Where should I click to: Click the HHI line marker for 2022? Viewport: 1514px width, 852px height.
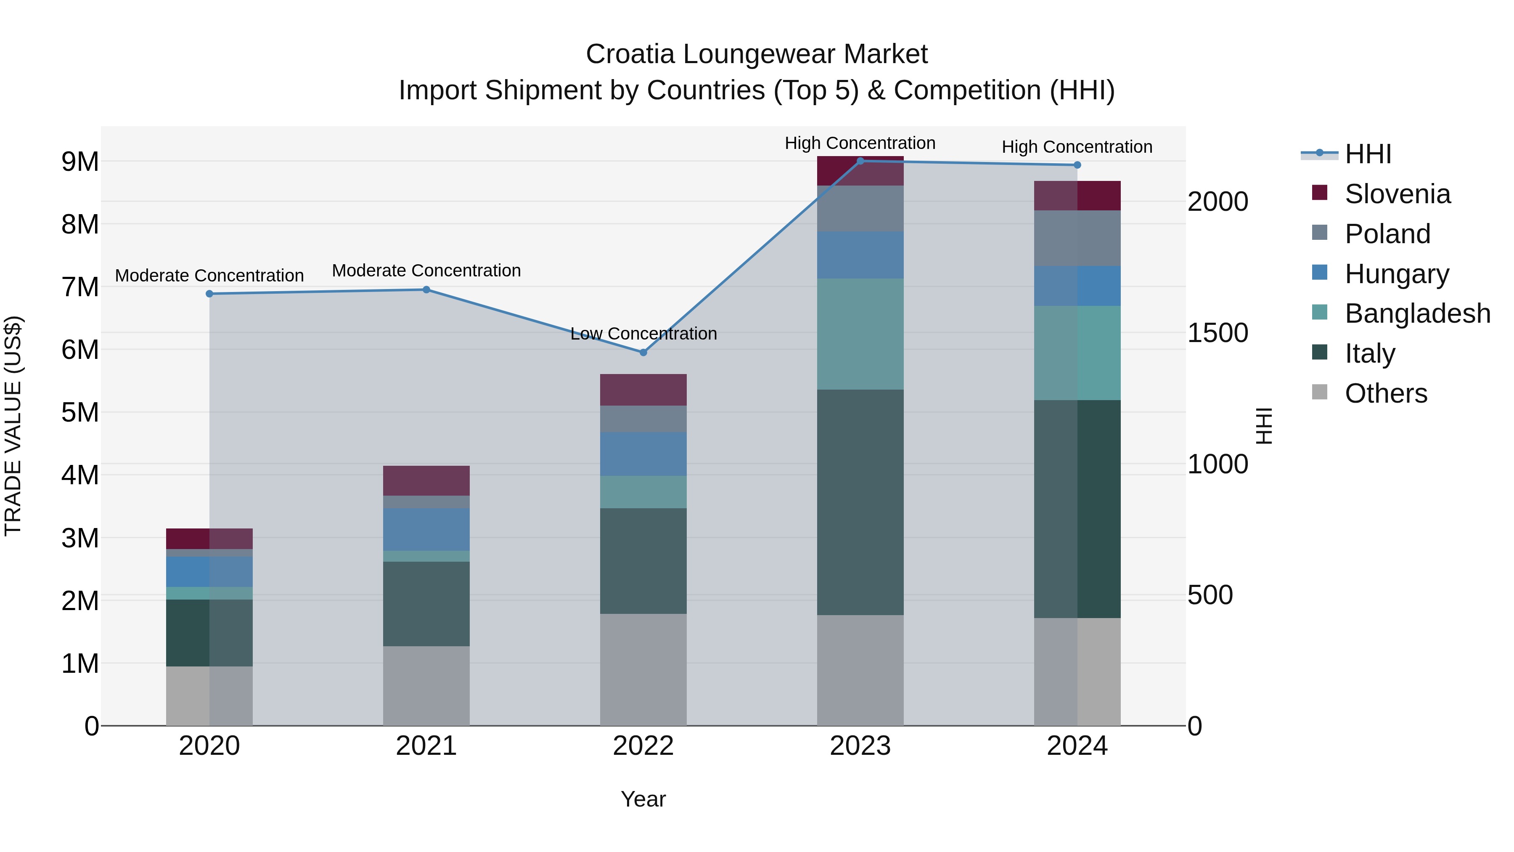[x=643, y=352]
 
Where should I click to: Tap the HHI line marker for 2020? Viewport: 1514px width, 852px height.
[x=209, y=293]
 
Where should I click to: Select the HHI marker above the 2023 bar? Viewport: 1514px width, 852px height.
[x=860, y=161]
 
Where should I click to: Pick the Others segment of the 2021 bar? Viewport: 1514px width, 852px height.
[x=426, y=686]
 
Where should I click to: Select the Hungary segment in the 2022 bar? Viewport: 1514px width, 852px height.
[x=643, y=454]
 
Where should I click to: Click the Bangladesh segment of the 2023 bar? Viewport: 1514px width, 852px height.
[x=860, y=334]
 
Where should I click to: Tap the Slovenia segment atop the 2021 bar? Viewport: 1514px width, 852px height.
[x=426, y=480]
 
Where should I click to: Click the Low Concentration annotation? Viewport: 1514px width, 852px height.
[x=643, y=333]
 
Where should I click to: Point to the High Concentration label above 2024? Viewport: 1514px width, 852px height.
[x=1077, y=146]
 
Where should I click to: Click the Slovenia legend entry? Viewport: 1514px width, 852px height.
[x=1397, y=194]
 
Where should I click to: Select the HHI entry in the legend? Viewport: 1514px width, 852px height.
[x=1368, y=154]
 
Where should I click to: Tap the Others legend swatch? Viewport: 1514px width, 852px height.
[x=1319, y=392]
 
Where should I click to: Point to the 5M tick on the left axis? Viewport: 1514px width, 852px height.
[x=80, y=412]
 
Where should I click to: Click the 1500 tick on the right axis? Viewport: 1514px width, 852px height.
[x=1217, y=333]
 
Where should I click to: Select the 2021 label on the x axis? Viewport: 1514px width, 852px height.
[x=426, y=746]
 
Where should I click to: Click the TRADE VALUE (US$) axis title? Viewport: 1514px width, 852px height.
[x=13, y=426]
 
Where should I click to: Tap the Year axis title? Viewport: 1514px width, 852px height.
[x=643, y=799]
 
